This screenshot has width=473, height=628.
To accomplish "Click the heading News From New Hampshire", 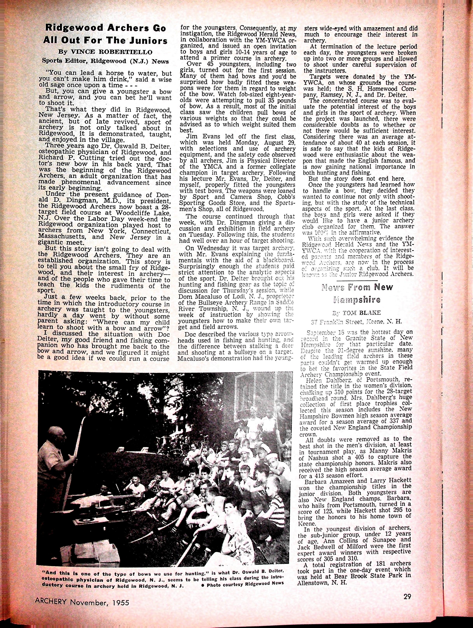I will (x=357, y=293).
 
